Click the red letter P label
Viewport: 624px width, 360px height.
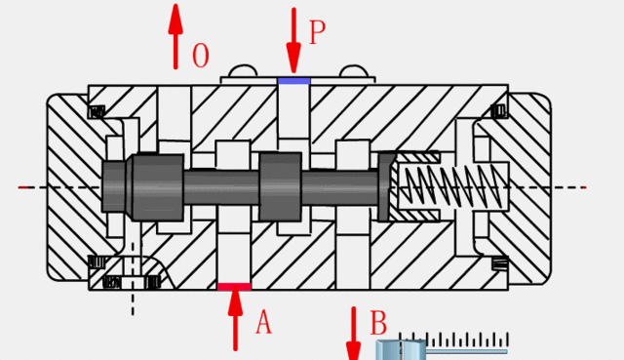[x=317, y=32]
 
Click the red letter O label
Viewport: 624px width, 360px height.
[x=201, y=56]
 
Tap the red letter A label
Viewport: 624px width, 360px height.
[x=263, y=322]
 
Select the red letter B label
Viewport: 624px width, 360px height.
[x=378, y=323]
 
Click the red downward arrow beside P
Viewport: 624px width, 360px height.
[x=293, y=40]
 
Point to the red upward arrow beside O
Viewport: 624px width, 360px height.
[x=175, y=37]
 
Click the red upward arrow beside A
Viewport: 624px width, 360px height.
[x=235, y=318]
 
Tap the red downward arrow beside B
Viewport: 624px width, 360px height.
[x=353, y=334]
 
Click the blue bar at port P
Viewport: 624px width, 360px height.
[x=294, y=81]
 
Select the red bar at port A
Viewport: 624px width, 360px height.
[x=234, y=287]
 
